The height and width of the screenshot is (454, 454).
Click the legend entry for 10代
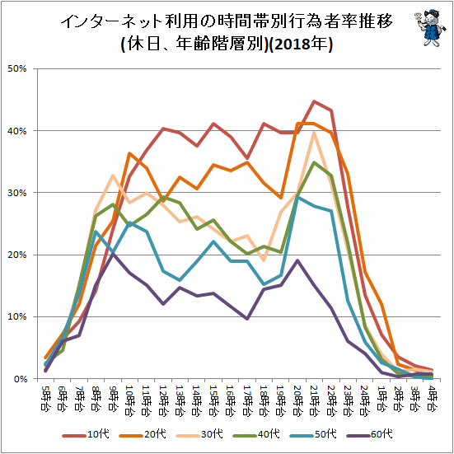pos(86,434)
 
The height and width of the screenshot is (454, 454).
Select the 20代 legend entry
pos(143,434)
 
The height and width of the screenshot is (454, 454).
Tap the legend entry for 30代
pos(199,434)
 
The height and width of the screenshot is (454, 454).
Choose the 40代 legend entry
pos(256,434)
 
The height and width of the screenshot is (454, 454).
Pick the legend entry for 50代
pos(313,434)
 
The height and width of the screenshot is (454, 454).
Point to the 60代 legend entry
pos(369,434)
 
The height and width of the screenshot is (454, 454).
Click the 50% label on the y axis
pos(17,68)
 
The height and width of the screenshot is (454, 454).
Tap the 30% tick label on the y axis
pos(17,193)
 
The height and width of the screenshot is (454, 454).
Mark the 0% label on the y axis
pos(20,379)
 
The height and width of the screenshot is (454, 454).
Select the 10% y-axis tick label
pos(17,316)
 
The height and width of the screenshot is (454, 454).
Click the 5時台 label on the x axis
pos(45,398)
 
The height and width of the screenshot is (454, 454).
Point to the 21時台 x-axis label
pos(314,400)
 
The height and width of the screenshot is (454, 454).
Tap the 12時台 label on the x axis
pos(163,400)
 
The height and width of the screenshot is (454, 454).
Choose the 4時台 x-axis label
pos(432,398)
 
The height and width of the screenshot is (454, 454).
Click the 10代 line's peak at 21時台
pos(314,101)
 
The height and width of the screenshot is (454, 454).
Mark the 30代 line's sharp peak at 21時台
pos(314,133)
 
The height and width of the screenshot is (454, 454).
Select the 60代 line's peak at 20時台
pos(297,260)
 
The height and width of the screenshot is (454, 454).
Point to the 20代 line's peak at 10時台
pos(129,153)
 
